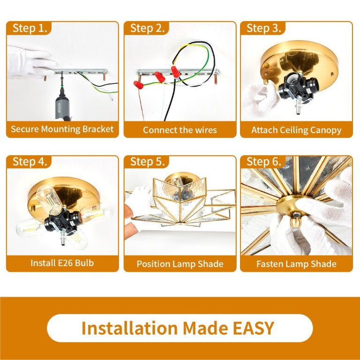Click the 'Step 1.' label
pos(30,28)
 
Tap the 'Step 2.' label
pos(147,28)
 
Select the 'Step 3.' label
pos(263,28)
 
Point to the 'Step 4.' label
pos(30,162)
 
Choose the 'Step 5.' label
pos(147,162)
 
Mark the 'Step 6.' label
pos(263,162)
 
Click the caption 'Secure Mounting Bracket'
pos(62,129)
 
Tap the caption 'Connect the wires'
pos(180,130)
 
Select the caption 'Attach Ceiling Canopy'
pos(296,130)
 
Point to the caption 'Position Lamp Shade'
pos(180,264)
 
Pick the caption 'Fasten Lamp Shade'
pos(296,264)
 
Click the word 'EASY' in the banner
pos(254,328)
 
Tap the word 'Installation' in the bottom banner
pos(129,328)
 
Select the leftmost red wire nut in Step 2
pos(138,85)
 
